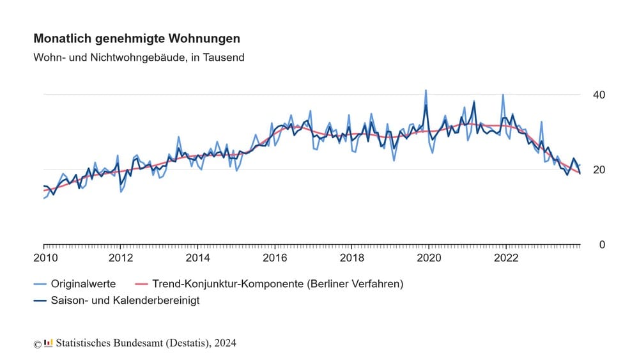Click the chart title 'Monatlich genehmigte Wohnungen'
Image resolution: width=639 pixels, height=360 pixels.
tap(137, 39)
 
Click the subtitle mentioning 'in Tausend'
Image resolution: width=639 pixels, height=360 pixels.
tap(139, 58)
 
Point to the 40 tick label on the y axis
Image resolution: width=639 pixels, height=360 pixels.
tap(599, 95)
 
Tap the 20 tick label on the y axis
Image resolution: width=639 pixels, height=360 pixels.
tap(599, 169)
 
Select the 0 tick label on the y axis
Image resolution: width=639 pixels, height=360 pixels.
tap(602, 245)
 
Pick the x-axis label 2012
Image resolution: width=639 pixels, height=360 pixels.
tap(121, 258)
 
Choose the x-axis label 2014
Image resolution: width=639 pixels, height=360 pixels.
tap(198, 258)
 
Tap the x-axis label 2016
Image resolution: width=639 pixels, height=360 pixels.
tap(275, 258)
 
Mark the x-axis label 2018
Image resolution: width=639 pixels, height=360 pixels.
tap(352, 258)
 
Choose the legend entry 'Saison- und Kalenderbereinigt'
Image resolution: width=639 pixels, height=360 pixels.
tap(125, 300)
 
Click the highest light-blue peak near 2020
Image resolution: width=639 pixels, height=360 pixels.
tap(426, 91)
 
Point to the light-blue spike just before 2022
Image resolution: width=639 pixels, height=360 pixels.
tap(503, 95)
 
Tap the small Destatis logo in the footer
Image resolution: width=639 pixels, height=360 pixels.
tap(49, 343)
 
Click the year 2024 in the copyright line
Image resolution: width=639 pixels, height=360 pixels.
tap(225, 343)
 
